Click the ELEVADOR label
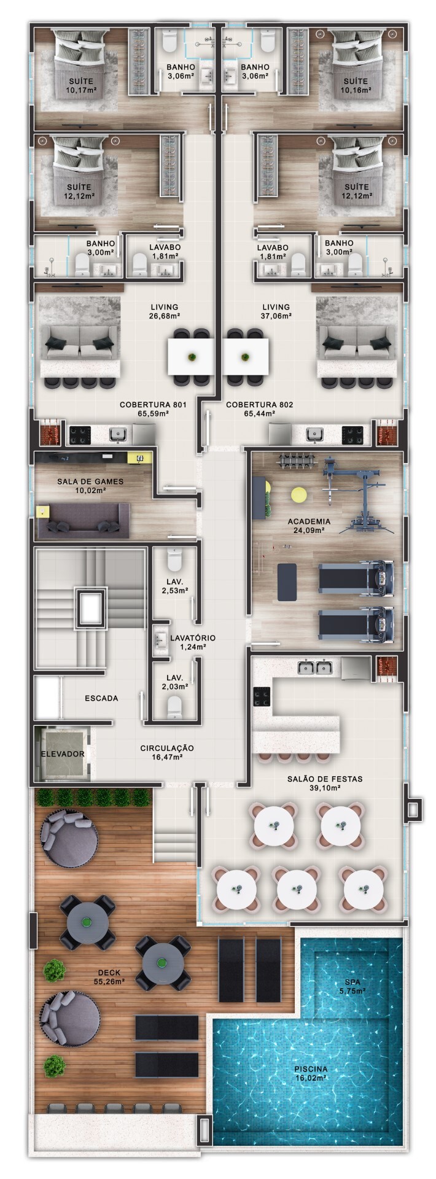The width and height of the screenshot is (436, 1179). [x=62, y=753]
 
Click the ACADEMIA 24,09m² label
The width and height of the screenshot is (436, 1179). [x=309, y=526]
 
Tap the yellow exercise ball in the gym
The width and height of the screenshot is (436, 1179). [x=298, y=494]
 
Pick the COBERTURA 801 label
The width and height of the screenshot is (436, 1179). [x=153, y=409]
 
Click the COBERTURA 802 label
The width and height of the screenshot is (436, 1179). [x=259, y=409]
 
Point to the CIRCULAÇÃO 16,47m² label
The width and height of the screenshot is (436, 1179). [x=167, y=752]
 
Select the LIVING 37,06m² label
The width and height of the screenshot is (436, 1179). [x=276, y=311]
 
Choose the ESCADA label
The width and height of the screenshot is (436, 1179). [x=101, y=698]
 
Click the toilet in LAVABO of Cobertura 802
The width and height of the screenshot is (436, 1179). [x=298, y=265]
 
